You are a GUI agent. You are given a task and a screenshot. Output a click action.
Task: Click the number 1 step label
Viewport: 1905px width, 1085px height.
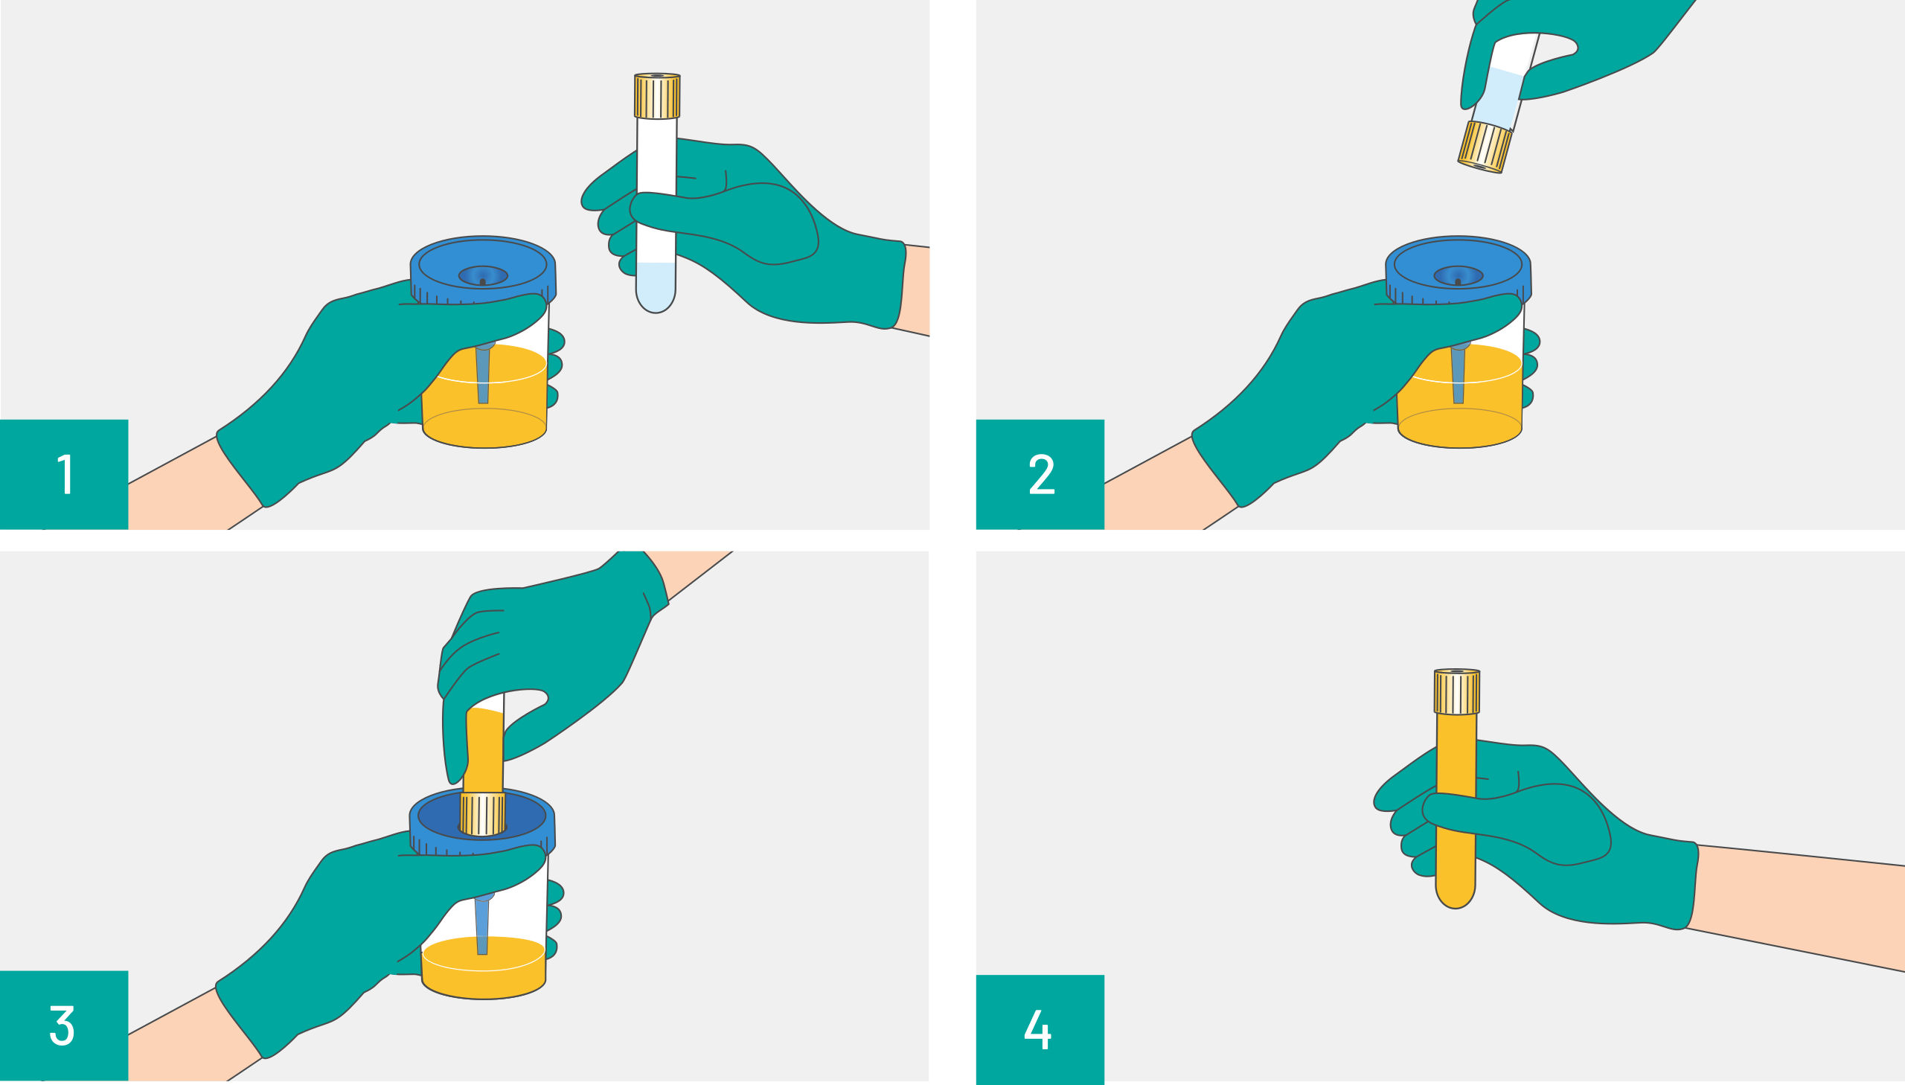coord(64,474)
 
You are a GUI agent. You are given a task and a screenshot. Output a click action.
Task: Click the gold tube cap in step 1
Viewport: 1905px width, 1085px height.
coord(657,96)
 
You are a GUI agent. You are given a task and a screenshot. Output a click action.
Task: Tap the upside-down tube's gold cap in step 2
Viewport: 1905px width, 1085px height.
coord(1485,147)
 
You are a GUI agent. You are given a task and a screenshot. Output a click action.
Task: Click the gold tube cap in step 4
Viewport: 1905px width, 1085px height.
coord(1456,691)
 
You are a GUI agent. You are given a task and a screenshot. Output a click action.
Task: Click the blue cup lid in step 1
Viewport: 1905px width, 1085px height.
coord(483,269)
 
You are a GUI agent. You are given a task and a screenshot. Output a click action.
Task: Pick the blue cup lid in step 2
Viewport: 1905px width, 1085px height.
coord(1458,269)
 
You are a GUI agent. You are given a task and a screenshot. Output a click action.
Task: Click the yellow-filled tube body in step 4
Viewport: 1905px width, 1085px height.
coord(1456,812)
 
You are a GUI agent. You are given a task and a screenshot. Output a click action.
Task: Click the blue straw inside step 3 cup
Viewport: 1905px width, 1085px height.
coord(482,924)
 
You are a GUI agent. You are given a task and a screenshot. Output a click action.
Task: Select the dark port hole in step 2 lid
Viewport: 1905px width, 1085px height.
coord(1458,281)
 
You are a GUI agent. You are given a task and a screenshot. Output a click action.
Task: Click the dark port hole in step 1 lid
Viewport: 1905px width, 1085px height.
coord(483,281)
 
